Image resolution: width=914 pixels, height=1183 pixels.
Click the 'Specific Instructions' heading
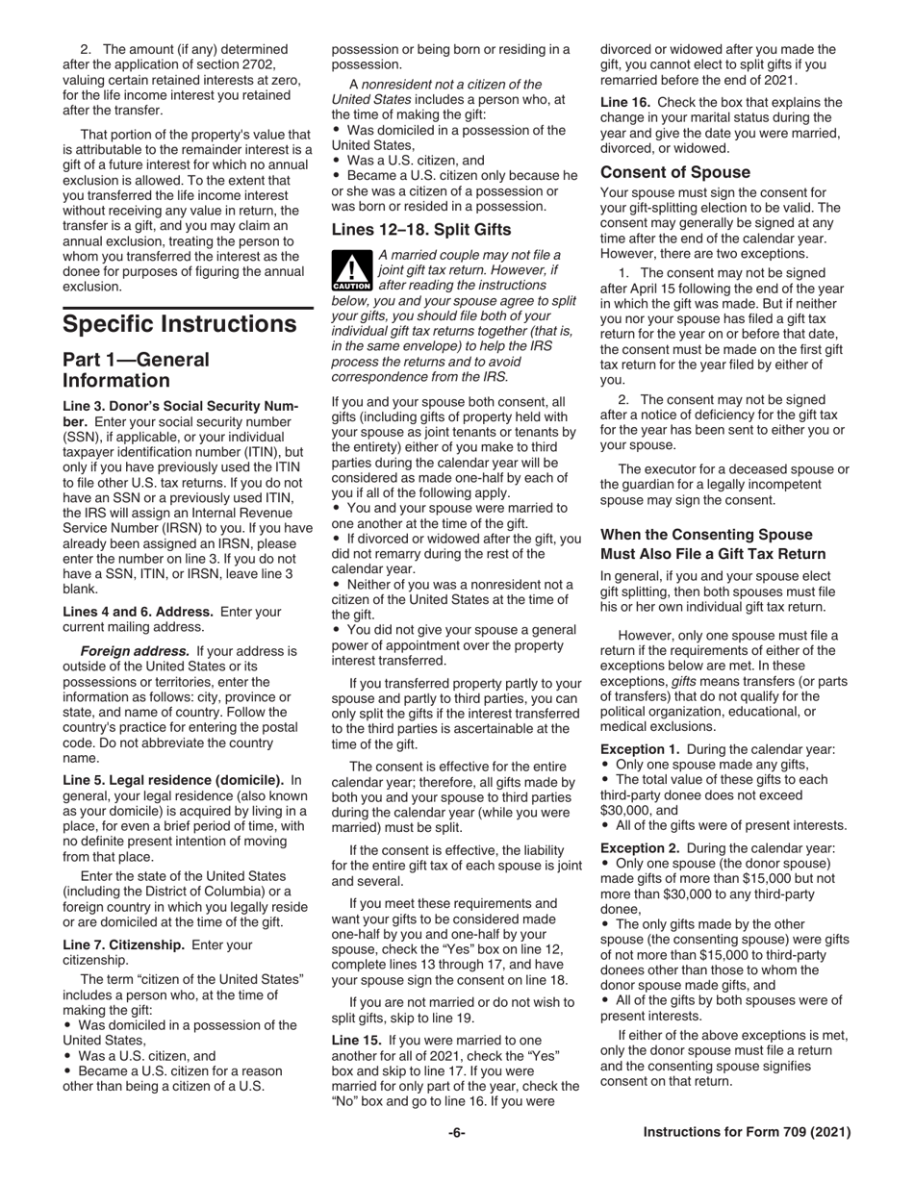(x=179, y=323)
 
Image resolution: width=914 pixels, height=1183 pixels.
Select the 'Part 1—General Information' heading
(x=136, y=369)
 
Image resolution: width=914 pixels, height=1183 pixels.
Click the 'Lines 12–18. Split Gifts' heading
(x=420, y=230)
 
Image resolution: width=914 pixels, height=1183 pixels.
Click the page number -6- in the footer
(x=456, y=1133)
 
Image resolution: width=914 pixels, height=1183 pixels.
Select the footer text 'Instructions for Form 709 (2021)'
(x=746, y=1133)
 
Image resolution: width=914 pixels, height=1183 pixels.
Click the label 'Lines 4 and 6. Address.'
(x=140, y=611)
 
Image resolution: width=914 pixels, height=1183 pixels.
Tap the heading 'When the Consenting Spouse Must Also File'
(x=712, y=543)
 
